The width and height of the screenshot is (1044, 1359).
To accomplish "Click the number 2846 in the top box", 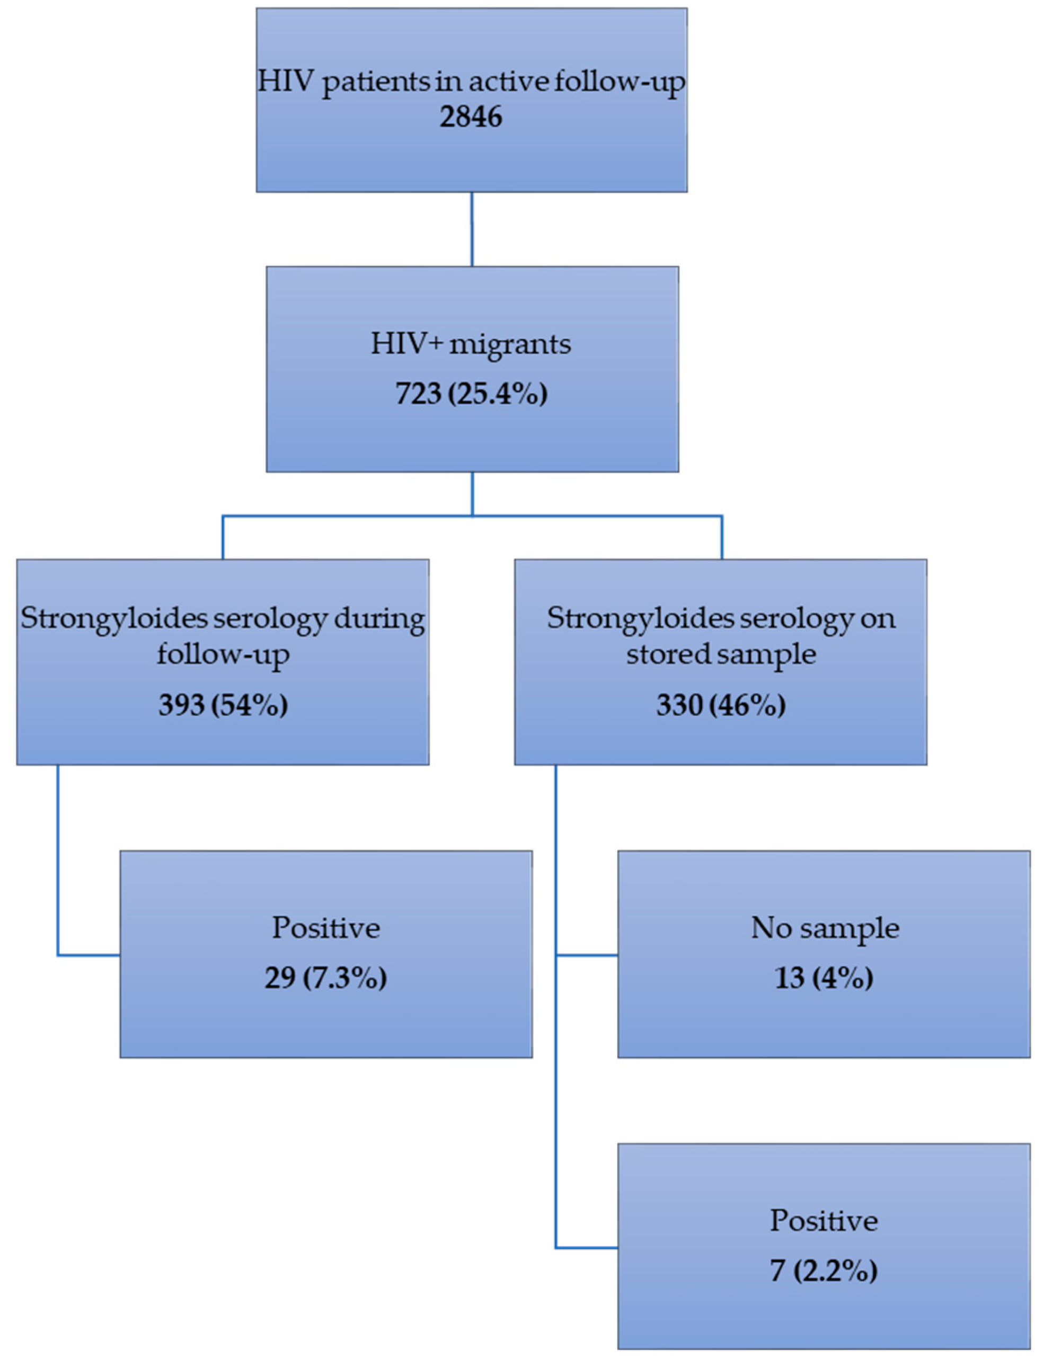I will tap(471, 117).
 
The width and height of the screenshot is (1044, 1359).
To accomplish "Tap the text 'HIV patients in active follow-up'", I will tap(471, 82).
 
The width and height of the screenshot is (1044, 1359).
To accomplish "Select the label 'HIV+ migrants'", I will tap(471, 343).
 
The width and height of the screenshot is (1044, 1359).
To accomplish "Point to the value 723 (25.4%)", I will tap(471, 394).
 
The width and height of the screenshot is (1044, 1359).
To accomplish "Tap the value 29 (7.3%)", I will tap(325, 978).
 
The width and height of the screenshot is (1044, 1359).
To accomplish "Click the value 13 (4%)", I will tap(824, 978).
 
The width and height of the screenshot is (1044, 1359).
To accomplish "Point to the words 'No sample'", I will tap(825, 929).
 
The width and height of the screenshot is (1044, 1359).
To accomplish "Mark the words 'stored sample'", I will tap(721, 654).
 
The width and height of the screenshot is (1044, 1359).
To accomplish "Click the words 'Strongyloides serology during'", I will tap(223, 618).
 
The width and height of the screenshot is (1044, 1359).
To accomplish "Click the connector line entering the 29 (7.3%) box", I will tap(87, 955).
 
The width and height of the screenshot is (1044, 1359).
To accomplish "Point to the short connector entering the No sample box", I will tap(587, 955).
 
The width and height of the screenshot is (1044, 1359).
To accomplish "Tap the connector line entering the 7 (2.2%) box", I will tap(587, 1247).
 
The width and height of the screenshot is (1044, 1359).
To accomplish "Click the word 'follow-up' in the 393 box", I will tap(223, 654).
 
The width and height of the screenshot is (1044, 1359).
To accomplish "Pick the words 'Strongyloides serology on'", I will tap(721, 618).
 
